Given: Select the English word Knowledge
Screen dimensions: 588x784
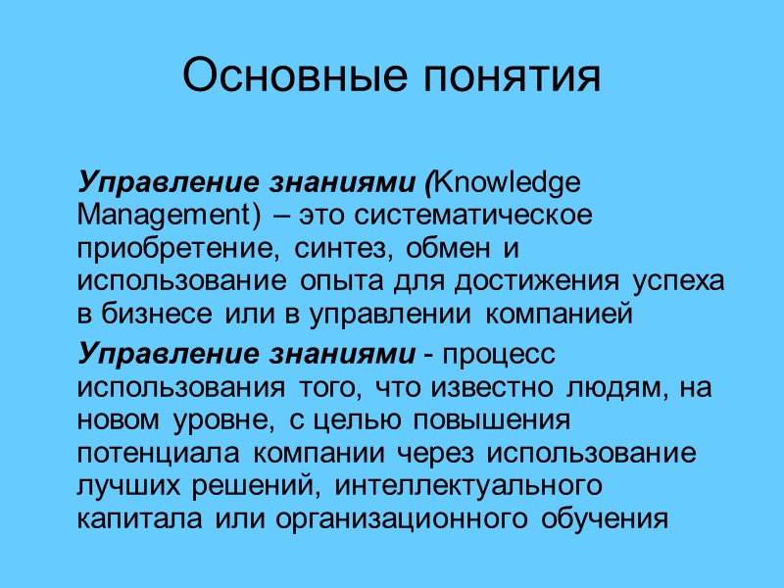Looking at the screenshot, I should coord(492,183).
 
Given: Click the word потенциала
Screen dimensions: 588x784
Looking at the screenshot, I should coord(159,454).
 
